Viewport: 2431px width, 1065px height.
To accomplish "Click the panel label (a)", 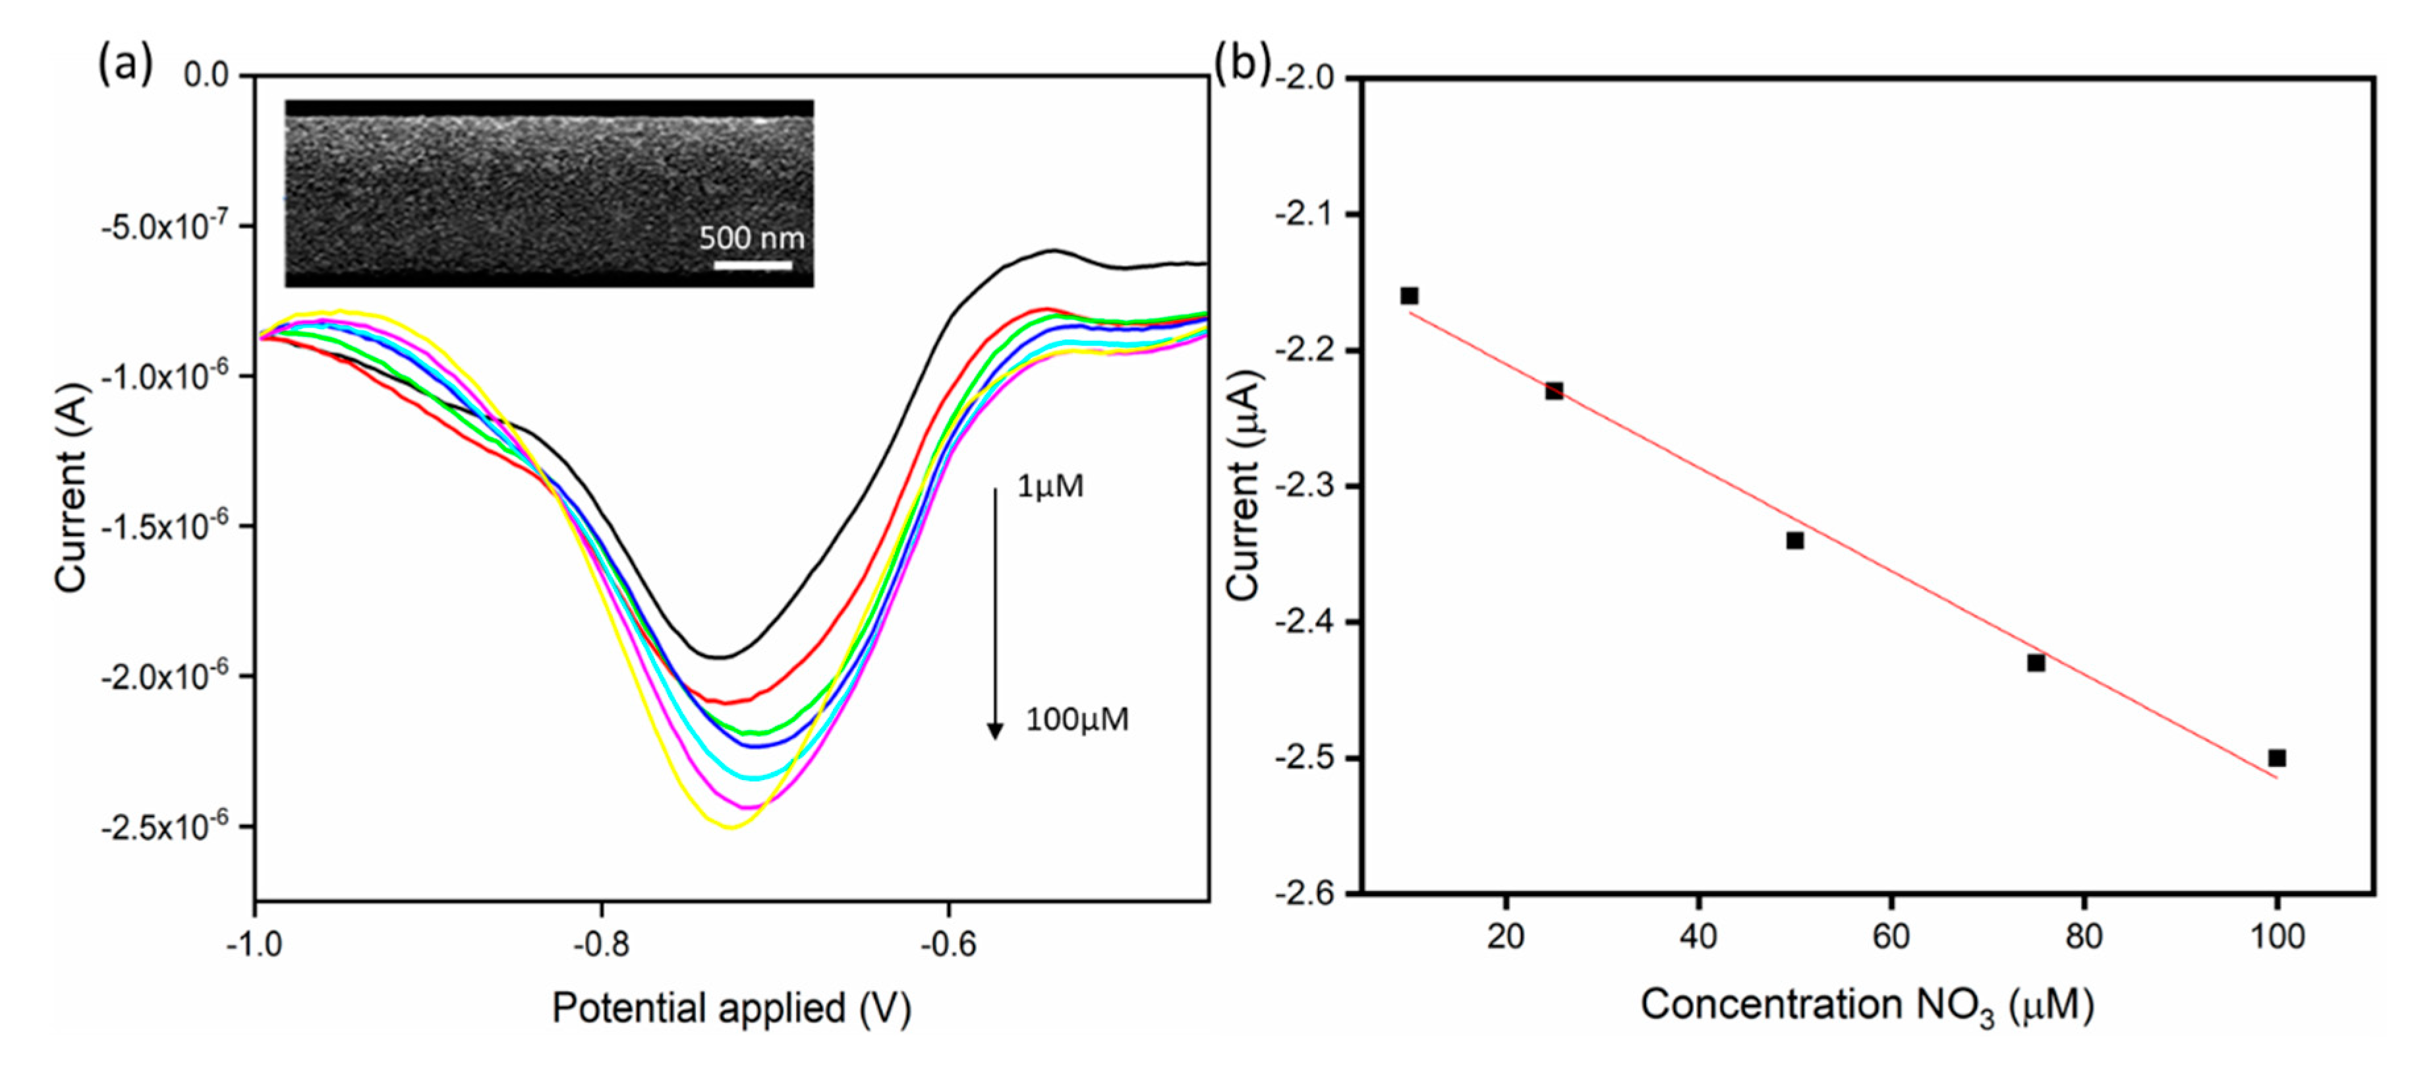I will point(125,64).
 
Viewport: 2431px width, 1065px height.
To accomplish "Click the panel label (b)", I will point(1242,64).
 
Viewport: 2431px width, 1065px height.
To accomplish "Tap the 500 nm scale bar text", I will point(751,238).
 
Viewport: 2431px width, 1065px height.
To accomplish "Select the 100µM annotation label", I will point(1077,719).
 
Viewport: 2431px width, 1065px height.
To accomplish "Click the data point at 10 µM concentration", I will point(1409,295).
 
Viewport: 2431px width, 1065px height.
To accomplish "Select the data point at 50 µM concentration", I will point(1795,540).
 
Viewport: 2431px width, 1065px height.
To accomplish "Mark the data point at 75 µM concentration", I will point(2036,663).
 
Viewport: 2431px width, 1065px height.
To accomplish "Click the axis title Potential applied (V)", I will point(731,1008).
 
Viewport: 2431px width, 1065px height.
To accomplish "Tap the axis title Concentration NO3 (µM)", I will point(1867,1006).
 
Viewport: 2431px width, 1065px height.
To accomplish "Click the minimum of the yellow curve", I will point(731,827).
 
